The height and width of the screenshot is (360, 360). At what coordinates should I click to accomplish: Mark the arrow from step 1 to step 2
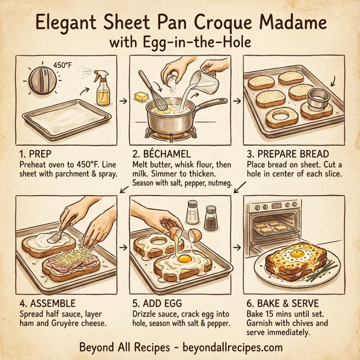[x=122, y=100]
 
